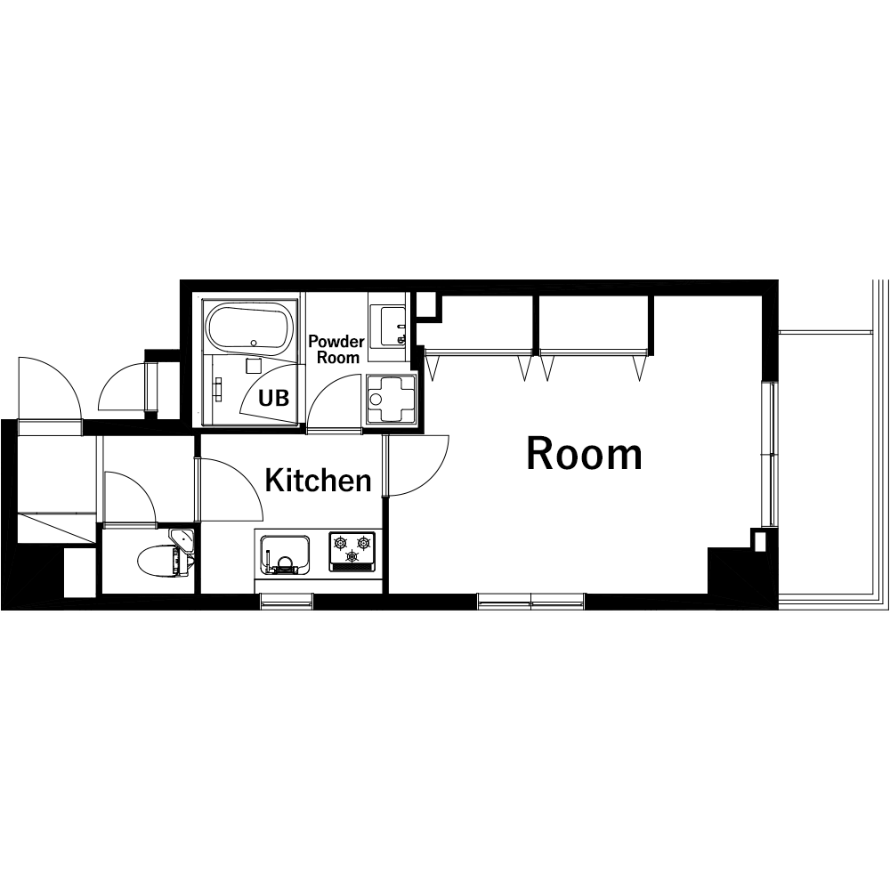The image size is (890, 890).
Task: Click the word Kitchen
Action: point(318,481)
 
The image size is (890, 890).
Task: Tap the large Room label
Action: point(584,454)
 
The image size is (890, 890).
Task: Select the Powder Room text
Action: point(336,349)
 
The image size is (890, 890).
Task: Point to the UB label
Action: point(273,399)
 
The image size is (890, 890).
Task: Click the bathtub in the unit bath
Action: point(248,326)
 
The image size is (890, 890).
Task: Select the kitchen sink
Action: point(285,554)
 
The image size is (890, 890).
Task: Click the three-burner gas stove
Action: point(352,551)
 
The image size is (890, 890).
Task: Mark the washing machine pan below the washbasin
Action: point(392,399)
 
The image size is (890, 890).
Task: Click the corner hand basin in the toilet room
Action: point(182,540)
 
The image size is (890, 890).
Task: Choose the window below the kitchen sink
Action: point(287,601)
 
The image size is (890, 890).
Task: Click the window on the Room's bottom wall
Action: point(530,601)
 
